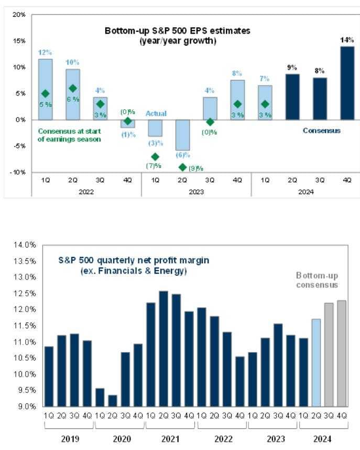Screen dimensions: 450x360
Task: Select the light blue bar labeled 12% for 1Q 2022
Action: (x=46, y=89)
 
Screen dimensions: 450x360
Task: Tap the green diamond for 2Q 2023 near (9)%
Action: (x=183, y=167)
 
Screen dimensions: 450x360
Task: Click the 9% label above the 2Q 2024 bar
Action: (x=292, y=67)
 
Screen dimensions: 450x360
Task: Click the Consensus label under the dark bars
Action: (x=322, y=131)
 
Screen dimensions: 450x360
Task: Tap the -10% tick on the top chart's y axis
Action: (x=18, y=173)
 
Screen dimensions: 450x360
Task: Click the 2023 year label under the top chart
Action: (x=196, y=192)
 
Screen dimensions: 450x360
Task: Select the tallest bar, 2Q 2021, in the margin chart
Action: (x=163, y=349)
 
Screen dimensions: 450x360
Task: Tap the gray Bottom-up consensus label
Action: (x=317, y=280)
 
